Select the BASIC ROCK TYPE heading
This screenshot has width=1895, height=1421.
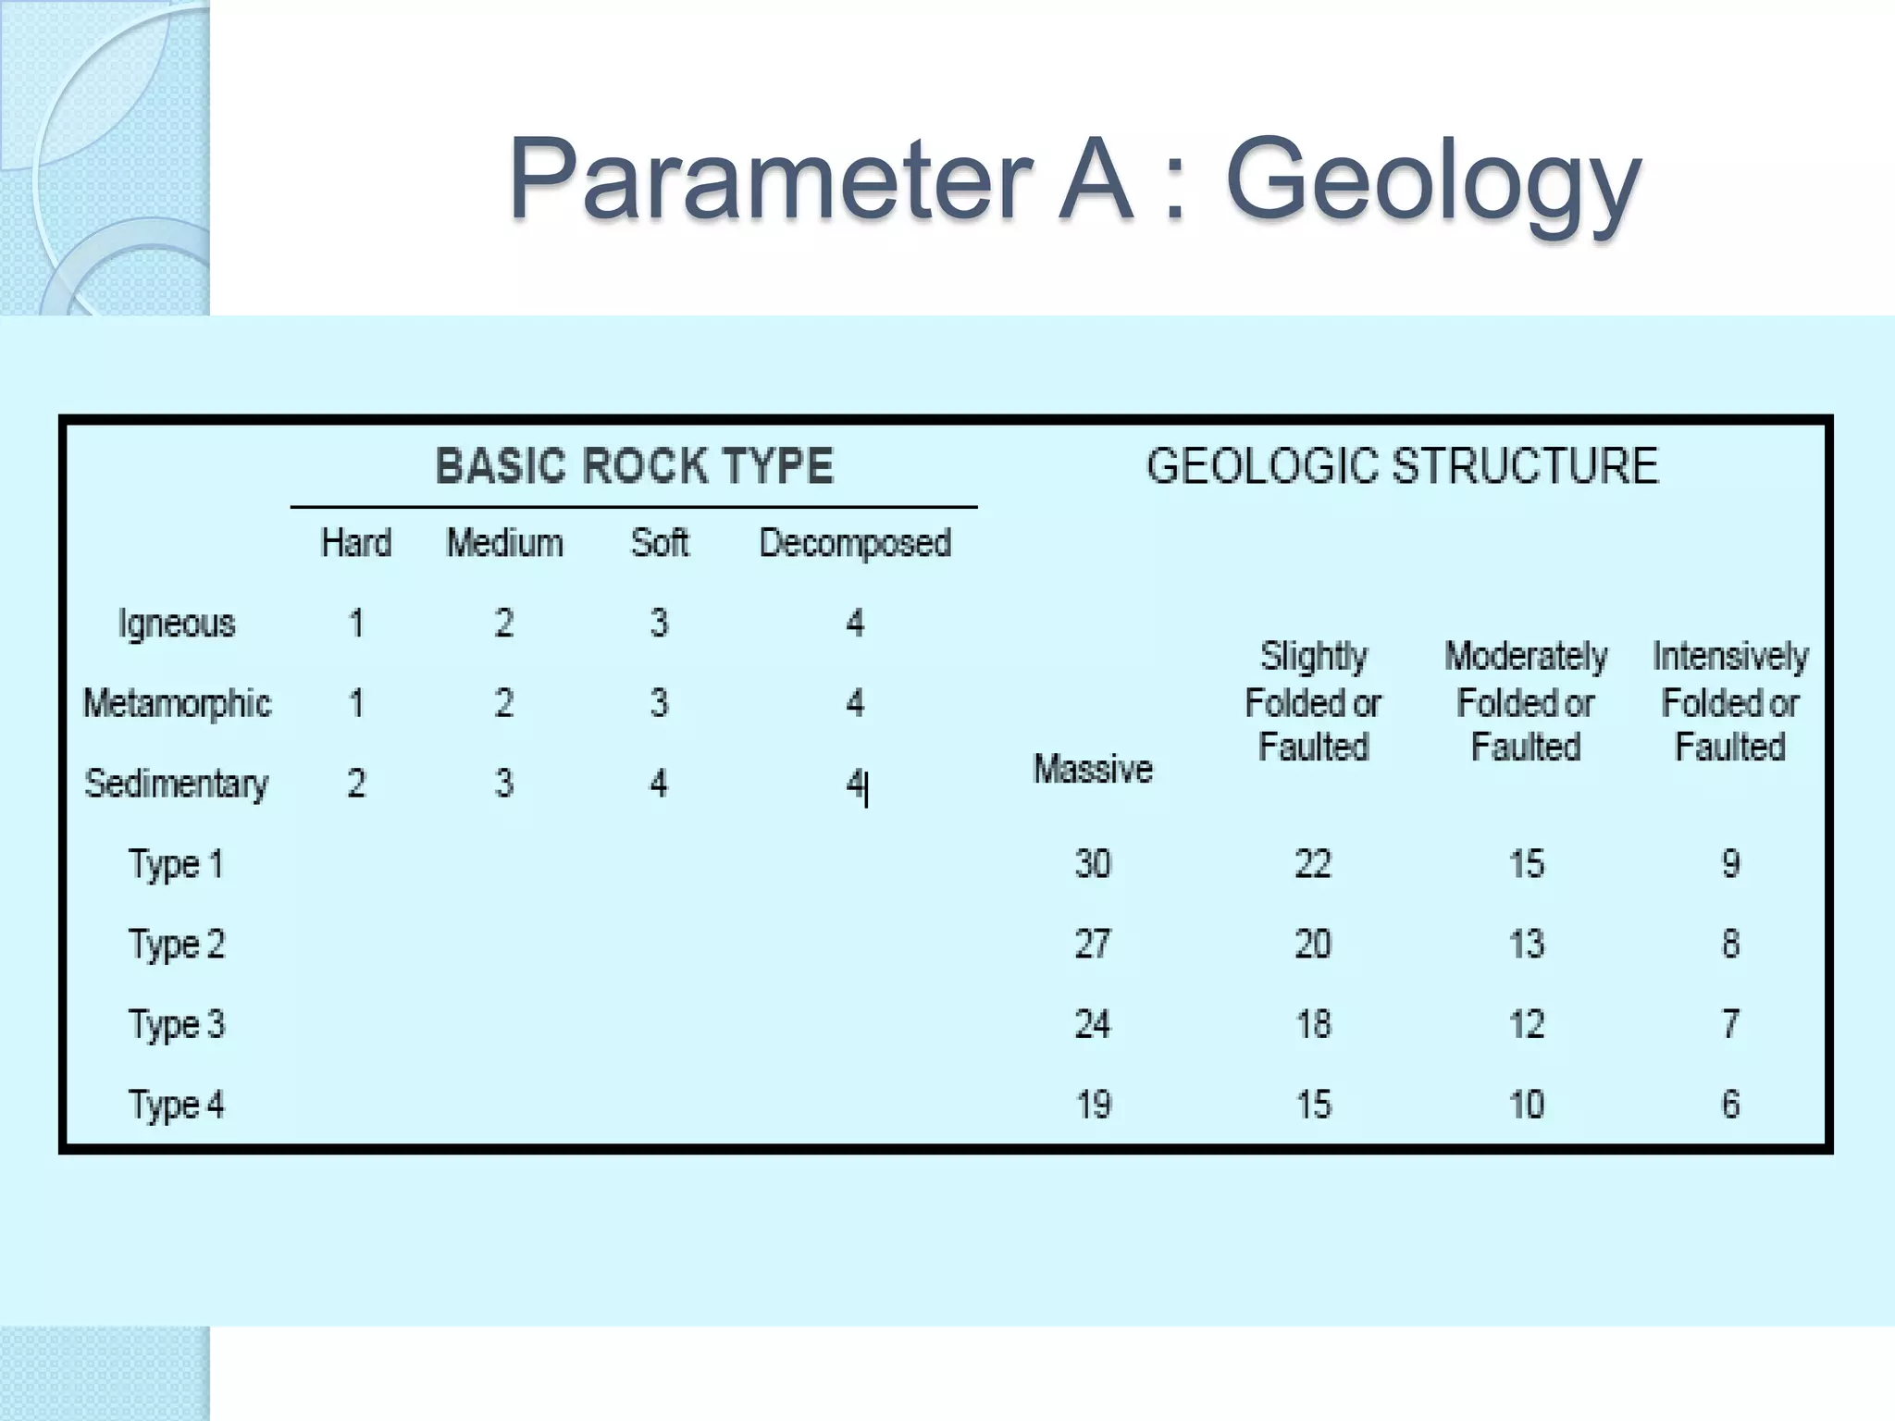click(635, 465)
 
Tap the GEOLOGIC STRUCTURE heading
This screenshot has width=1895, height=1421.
click(1402, 465)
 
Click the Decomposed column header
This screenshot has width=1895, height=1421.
click(855, 543)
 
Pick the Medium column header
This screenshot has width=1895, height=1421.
click(504, 543)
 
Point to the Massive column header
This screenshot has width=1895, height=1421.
click(1093, 769)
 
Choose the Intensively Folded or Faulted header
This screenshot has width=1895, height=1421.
click(1730, 701)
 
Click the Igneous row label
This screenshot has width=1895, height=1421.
click(177, 624)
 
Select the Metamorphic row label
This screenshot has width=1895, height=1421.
click(177, 703)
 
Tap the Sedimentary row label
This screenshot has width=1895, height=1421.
click(177, 784)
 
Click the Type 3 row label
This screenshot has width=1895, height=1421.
click(177, 1024)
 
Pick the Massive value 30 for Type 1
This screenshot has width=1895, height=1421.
click(1093, 864)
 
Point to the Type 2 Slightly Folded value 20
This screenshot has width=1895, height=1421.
click(1313, 944)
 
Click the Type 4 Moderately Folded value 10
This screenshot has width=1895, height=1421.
click(1527, 1105)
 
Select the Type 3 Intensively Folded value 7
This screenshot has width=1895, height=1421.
click(1730, 1024)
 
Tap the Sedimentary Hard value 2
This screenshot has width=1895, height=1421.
click(356, 784)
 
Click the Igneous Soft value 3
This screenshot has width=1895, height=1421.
click(659, 624)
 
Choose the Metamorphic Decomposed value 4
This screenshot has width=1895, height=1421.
click(855, 703)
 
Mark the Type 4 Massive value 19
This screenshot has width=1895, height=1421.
click(1093, 1105)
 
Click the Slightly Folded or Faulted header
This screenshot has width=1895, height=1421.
click(1313, 701)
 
